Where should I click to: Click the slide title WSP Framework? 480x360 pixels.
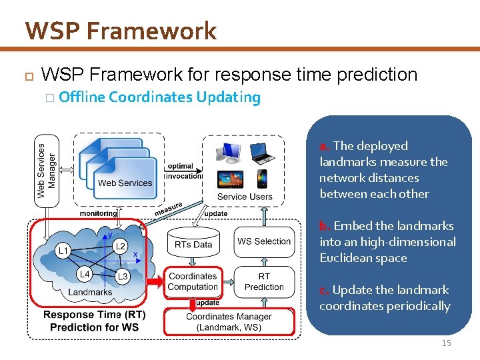click(x=121, y=31)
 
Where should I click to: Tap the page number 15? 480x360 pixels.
click(x=446, y=343)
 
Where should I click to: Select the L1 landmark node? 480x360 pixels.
click(x=63, y=251)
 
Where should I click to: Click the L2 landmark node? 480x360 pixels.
click(x=120, y=246)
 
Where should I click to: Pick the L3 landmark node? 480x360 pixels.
click(x=122, y=276)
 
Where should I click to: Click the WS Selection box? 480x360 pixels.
click(x=264, y=241)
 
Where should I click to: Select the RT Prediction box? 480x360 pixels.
click(x=264, y=281)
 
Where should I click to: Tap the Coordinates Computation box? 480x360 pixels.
click(x=193, y=281)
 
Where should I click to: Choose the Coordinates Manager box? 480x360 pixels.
click(x=229, y=322)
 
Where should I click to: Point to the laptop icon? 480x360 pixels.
click(x=262, y=153)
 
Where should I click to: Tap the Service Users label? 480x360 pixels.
click(x=245, y=197)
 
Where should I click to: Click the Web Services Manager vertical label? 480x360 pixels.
click(x=47, y=166)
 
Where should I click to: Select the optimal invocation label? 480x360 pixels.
click(x=183, y=171)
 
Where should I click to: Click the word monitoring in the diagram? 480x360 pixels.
click(x=99, y=213)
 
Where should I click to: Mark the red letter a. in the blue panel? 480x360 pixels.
click(x=325, y=146)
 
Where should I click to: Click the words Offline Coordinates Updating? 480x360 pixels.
click(x=159, y=97)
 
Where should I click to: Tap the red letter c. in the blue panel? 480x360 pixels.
click(x=324, y=290)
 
